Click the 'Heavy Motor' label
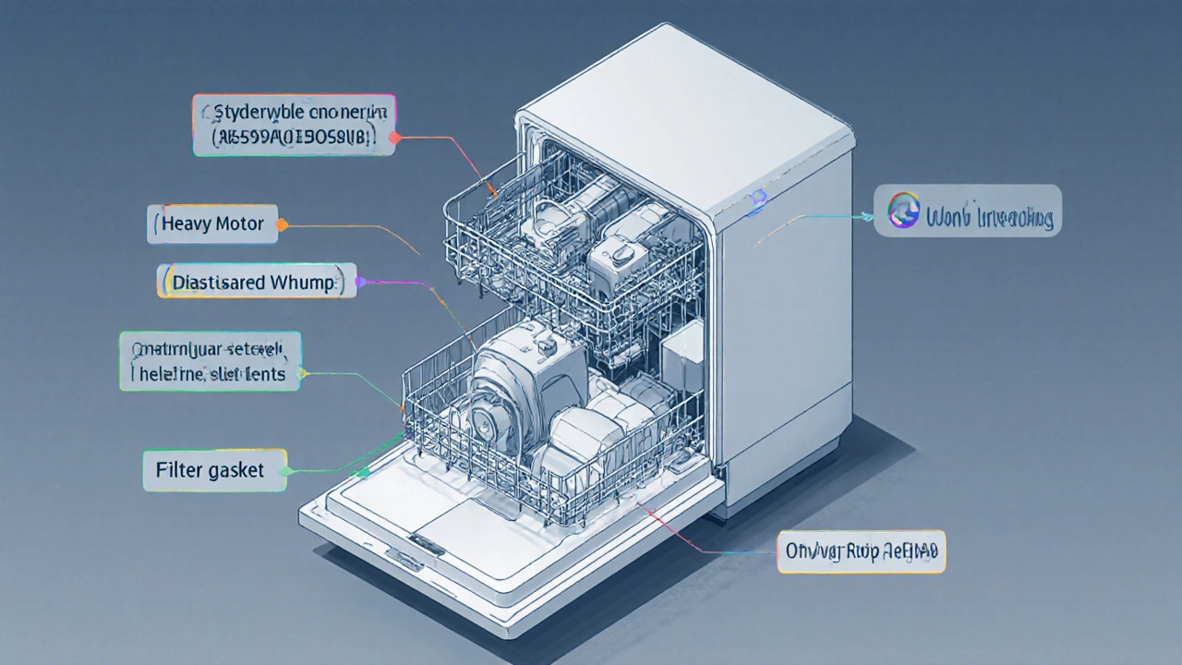[x=212, y=224]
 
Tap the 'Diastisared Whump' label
[x=257, y=282]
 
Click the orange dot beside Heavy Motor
[x=282, y=224]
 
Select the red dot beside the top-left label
[x=394, y=138]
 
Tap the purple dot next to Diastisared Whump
[x=361, y=282]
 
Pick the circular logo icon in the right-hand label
[x=902, y=211]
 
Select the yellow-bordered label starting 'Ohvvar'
[x=861, y=552]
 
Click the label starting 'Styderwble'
[x=295, y=125]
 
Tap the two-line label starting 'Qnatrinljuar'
[x=211, y=361]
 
